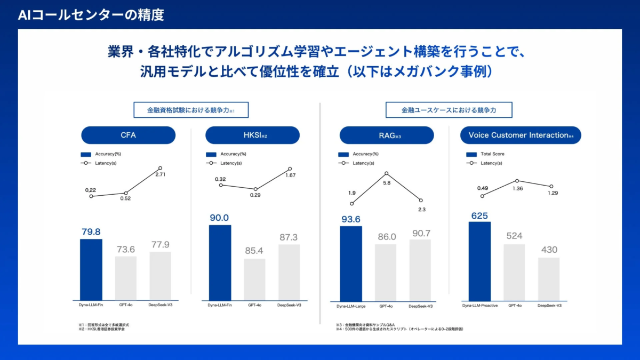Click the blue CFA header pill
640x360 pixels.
(128, 135)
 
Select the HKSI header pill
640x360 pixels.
(252, 135)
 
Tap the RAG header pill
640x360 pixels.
(387, 135)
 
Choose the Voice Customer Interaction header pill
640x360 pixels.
(520, 135)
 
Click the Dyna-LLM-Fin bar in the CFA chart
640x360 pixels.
(91, 269)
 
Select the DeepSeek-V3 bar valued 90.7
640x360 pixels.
(420, 269)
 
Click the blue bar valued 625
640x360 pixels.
(479, 261)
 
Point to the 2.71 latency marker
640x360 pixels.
(160, 168)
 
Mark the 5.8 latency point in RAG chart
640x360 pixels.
(386, 173)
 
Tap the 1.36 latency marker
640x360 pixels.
(516, 181)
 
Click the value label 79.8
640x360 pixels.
(91, 232)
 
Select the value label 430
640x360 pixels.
(549, 250)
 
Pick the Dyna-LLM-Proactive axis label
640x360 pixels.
(479, 306)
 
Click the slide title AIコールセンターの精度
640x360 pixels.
(91, 15)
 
